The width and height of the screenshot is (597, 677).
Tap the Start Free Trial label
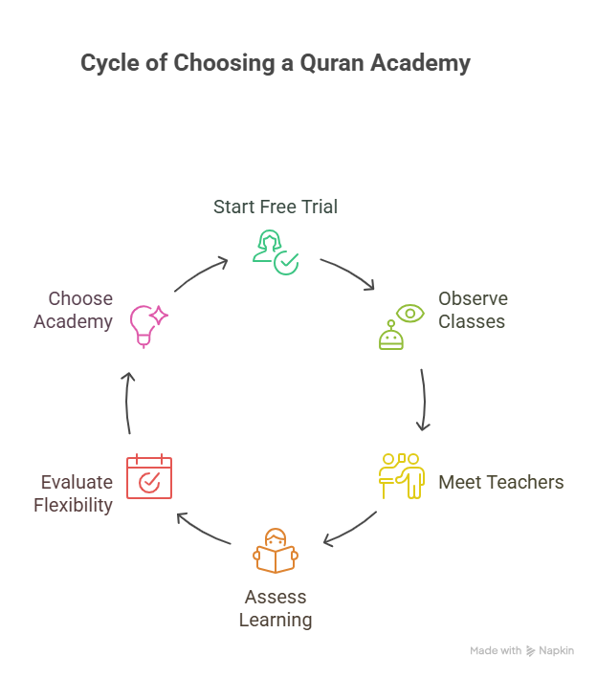tap(276, 207)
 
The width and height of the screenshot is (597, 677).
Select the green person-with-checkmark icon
tap(276, 252)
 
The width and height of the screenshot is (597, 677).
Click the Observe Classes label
tap(473, 310)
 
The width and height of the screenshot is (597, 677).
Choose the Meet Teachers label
tap(500, 482)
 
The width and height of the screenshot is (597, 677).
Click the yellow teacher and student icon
tap(401, 474)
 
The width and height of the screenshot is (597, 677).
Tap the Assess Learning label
tap(276, 608)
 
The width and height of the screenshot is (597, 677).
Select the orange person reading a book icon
tap(276, 552)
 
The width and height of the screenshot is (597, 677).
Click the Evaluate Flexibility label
tap(74, 493)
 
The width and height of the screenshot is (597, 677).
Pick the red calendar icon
tap(149, 475)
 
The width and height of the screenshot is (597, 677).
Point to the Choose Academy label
tap(74, 310)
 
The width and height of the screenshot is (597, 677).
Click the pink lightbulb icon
tap(148, 324)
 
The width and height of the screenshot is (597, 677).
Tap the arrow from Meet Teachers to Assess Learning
tap(350, 530)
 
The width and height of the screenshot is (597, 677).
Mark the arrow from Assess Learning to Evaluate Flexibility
tap(204, 530)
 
